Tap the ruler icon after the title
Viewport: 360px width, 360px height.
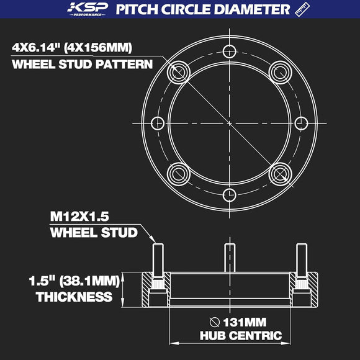click(302, 9)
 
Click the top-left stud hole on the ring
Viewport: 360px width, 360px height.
click(180, 73)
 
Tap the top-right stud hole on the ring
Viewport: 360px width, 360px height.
click(280, 73)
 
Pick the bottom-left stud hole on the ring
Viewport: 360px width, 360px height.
click(180, 172)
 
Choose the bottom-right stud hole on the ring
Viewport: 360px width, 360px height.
click(280, 172)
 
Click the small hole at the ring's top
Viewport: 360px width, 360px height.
click(230, 51)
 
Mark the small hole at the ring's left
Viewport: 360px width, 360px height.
click(158, 123)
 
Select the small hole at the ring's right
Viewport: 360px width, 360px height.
click(302, 123)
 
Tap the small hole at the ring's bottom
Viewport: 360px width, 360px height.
click(230, 194)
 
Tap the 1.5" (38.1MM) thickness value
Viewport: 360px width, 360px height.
click(74, 281)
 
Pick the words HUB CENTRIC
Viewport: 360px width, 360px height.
click(240, 336)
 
